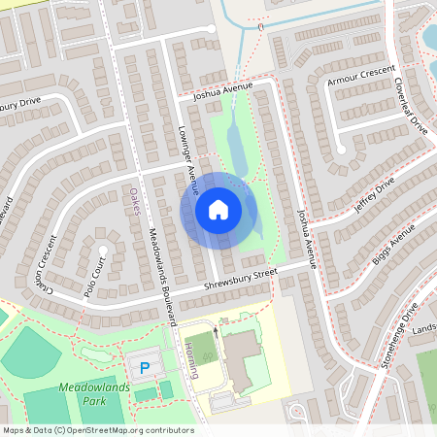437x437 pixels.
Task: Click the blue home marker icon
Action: pyautogui.click(x=218, y=210)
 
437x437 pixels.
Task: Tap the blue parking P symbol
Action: pyautogui.click(x=145, y=368)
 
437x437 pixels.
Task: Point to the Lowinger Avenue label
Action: pyautogui.click(x=188, y=155)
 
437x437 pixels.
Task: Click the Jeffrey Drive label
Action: pyautogui.click(x=374, y=193)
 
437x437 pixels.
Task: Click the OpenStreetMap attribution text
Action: pyautogui.click(x=97, y=429)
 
